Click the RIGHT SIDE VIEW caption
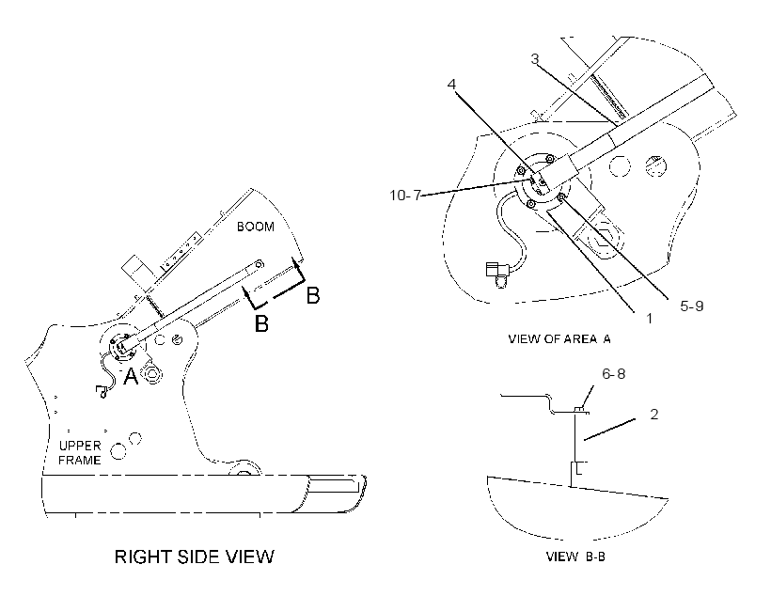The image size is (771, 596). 195,557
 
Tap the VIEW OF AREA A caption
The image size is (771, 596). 559,338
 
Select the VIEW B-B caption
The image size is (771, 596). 575,557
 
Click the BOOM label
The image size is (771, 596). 256,227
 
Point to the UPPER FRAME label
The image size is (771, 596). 80,452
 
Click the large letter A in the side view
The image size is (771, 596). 131,377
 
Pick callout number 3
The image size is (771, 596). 535,59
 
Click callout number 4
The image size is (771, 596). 451,84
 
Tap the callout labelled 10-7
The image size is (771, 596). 405,196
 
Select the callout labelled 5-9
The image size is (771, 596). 691,306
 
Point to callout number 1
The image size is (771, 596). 649,319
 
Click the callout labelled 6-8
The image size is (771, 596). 614,374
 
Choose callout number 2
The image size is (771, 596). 654,414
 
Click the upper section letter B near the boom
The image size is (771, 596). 313,295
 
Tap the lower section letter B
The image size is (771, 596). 261,323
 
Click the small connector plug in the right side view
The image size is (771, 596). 102,391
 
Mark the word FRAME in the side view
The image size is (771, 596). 80,460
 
